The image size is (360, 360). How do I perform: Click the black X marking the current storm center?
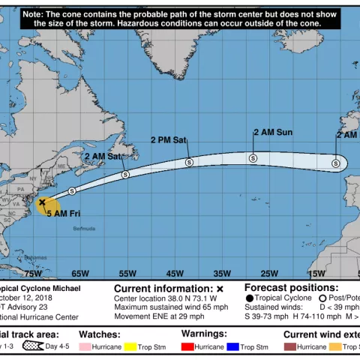[42, 202]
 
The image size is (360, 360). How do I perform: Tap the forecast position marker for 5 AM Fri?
[71, 191]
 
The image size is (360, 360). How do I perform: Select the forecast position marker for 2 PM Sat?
[189, 162]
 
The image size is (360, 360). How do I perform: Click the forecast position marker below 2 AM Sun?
[253, 157]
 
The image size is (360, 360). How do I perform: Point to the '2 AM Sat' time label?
[103, 157]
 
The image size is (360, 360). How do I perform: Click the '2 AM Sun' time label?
[272, 133]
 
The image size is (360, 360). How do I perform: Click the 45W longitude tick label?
[175, 273]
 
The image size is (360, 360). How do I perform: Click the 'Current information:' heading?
[163, 288]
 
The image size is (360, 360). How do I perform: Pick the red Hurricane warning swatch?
[187, 347]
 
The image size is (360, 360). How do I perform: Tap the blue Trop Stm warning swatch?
[234, 347]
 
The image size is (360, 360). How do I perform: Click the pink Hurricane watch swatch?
[85, 347]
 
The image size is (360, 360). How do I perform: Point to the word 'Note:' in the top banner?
[34, 14]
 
